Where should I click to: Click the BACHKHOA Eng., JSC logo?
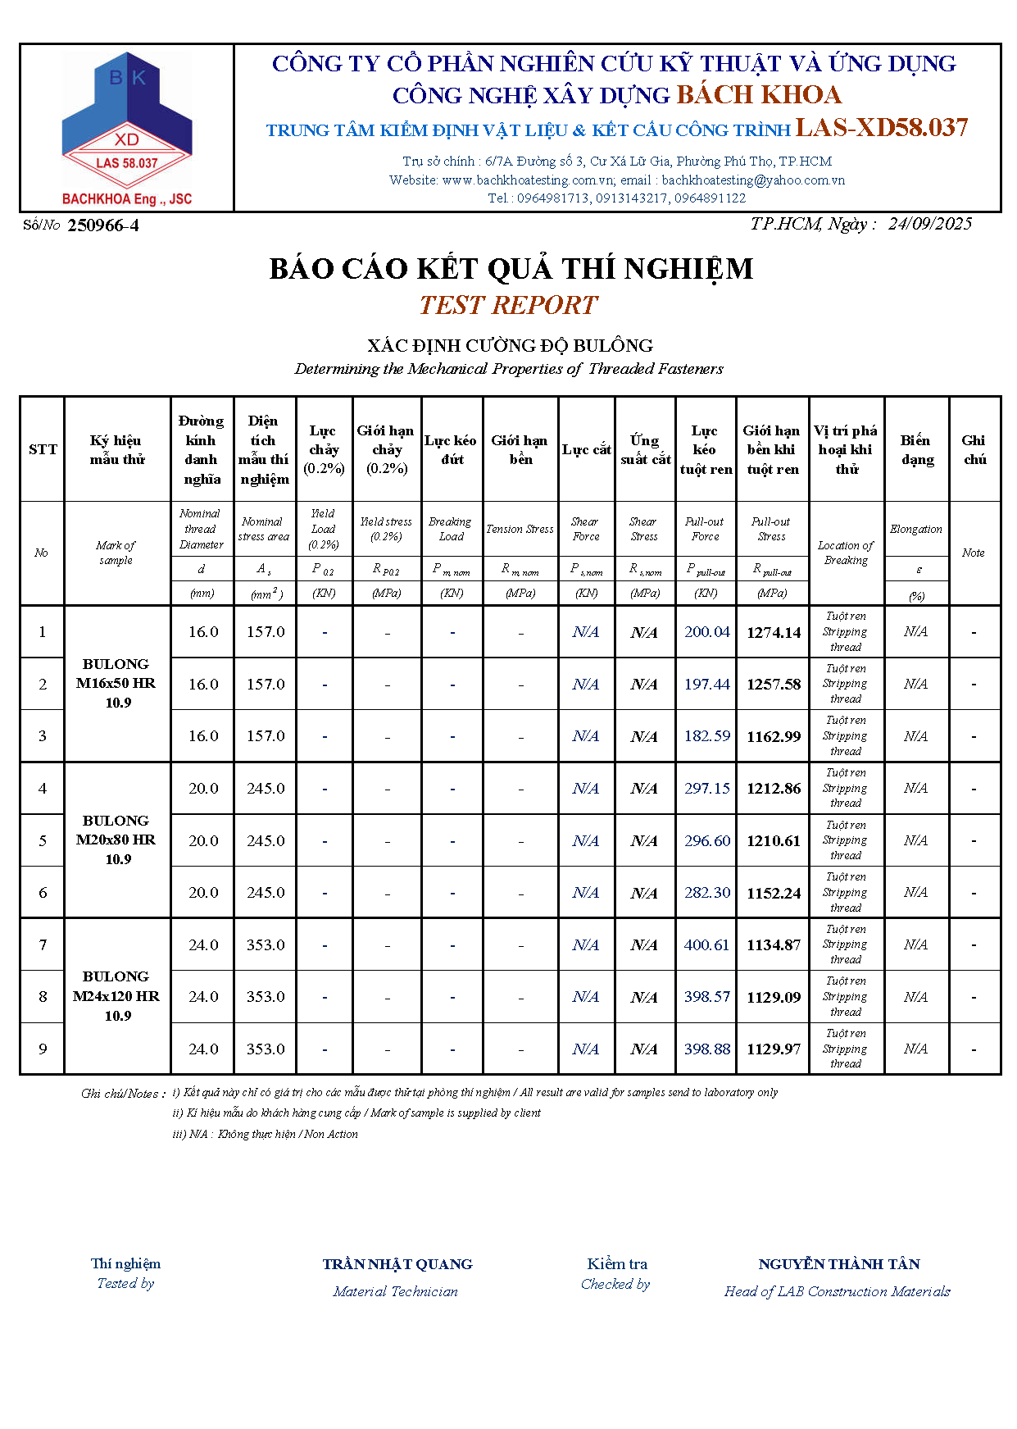coord(126,129)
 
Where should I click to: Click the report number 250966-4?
coord(103,225)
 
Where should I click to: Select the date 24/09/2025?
coord(929,224)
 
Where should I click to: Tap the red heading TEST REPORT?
coord(508,305)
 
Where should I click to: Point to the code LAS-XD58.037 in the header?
coord(882,128)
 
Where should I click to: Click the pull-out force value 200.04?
coord(706,632)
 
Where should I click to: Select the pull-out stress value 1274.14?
coord(773,632)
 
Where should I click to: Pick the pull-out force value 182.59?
coord(706,736)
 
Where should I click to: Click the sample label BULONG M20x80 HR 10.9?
coord(116,840)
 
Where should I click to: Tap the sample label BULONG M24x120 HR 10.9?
coord(116,996)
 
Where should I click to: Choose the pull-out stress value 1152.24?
coord(773,893)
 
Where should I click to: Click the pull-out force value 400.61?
coord(706,945)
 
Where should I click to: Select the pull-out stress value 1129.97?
coord(773,1049)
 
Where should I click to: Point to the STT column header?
coord(43,449)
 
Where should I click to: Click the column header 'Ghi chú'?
coord(974,449)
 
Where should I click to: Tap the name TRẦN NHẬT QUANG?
coord(397,1264)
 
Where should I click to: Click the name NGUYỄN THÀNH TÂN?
coord(838,1264)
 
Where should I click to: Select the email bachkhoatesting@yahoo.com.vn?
coord(753,180)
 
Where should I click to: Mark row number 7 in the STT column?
coord(43,945)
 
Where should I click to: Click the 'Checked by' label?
coord(615,1284)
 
